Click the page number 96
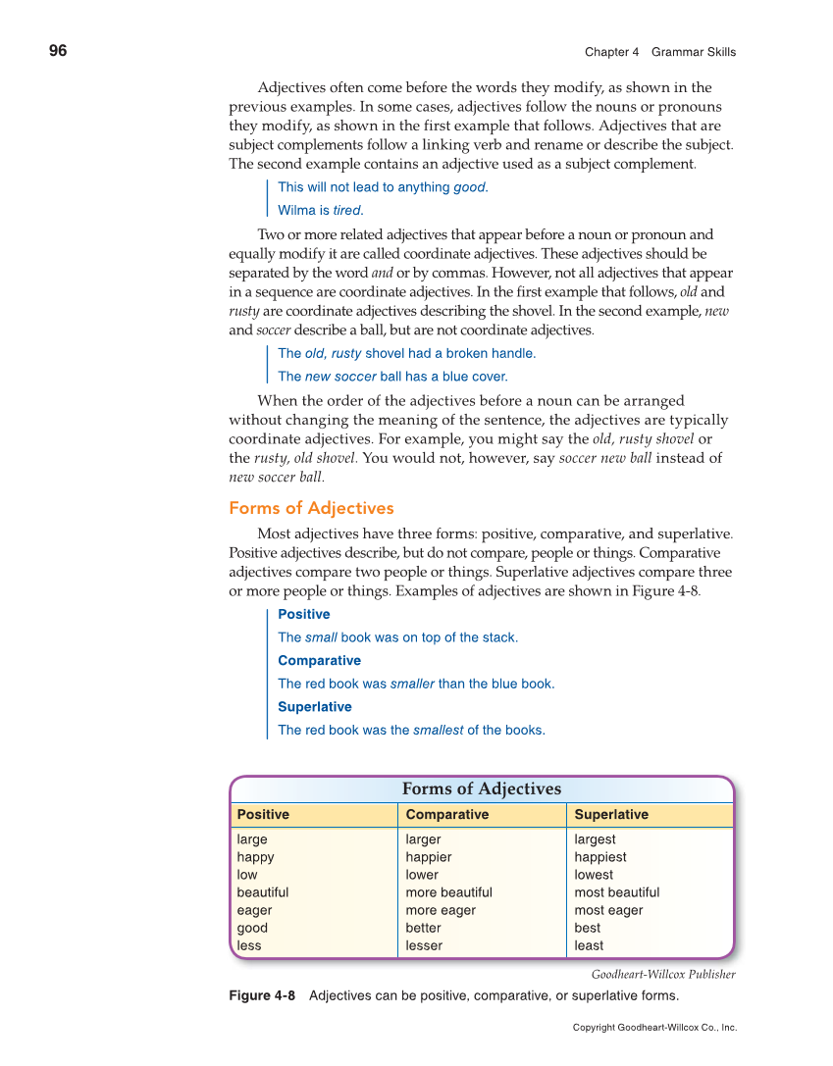tap(58, 51)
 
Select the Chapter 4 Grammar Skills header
tap(659, 52)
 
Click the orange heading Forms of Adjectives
tap(311, 508)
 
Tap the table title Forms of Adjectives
tap(482, 789)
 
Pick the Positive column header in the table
tap(263, 815)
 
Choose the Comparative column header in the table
tap(446, 815)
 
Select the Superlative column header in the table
tap(611, 815)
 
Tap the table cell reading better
tap(423, 928)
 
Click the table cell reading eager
tap(254, 910)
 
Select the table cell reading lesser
tap(424, 945)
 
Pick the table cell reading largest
tap(596, 839)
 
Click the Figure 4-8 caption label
tap(262, 996)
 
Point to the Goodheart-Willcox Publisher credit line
tap(663, 975)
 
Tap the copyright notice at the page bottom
tap(654, 1028)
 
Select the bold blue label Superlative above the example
tap(315, 707)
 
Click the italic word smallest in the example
tap(438, 730)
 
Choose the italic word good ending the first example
tap(469, 187)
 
